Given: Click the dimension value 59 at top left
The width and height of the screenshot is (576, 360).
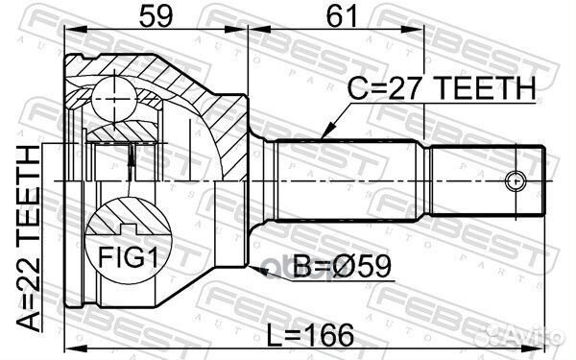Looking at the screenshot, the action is [x=156, y=15].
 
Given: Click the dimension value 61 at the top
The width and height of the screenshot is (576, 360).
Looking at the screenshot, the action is [x=342, y=15].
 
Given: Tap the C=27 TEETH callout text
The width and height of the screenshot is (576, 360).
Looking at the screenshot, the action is [x=442, y=88].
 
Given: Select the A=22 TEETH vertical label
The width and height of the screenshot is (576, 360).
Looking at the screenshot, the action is [x=28, y=238].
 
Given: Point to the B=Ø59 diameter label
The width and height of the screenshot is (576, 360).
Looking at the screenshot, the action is [x=343, y=266].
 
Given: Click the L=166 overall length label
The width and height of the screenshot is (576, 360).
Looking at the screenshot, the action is [x=310, y=335].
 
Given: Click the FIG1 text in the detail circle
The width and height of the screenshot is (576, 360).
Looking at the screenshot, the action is [x=129, y=256].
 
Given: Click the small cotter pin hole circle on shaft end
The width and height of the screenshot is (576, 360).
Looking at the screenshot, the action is [x=516, y=181].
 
